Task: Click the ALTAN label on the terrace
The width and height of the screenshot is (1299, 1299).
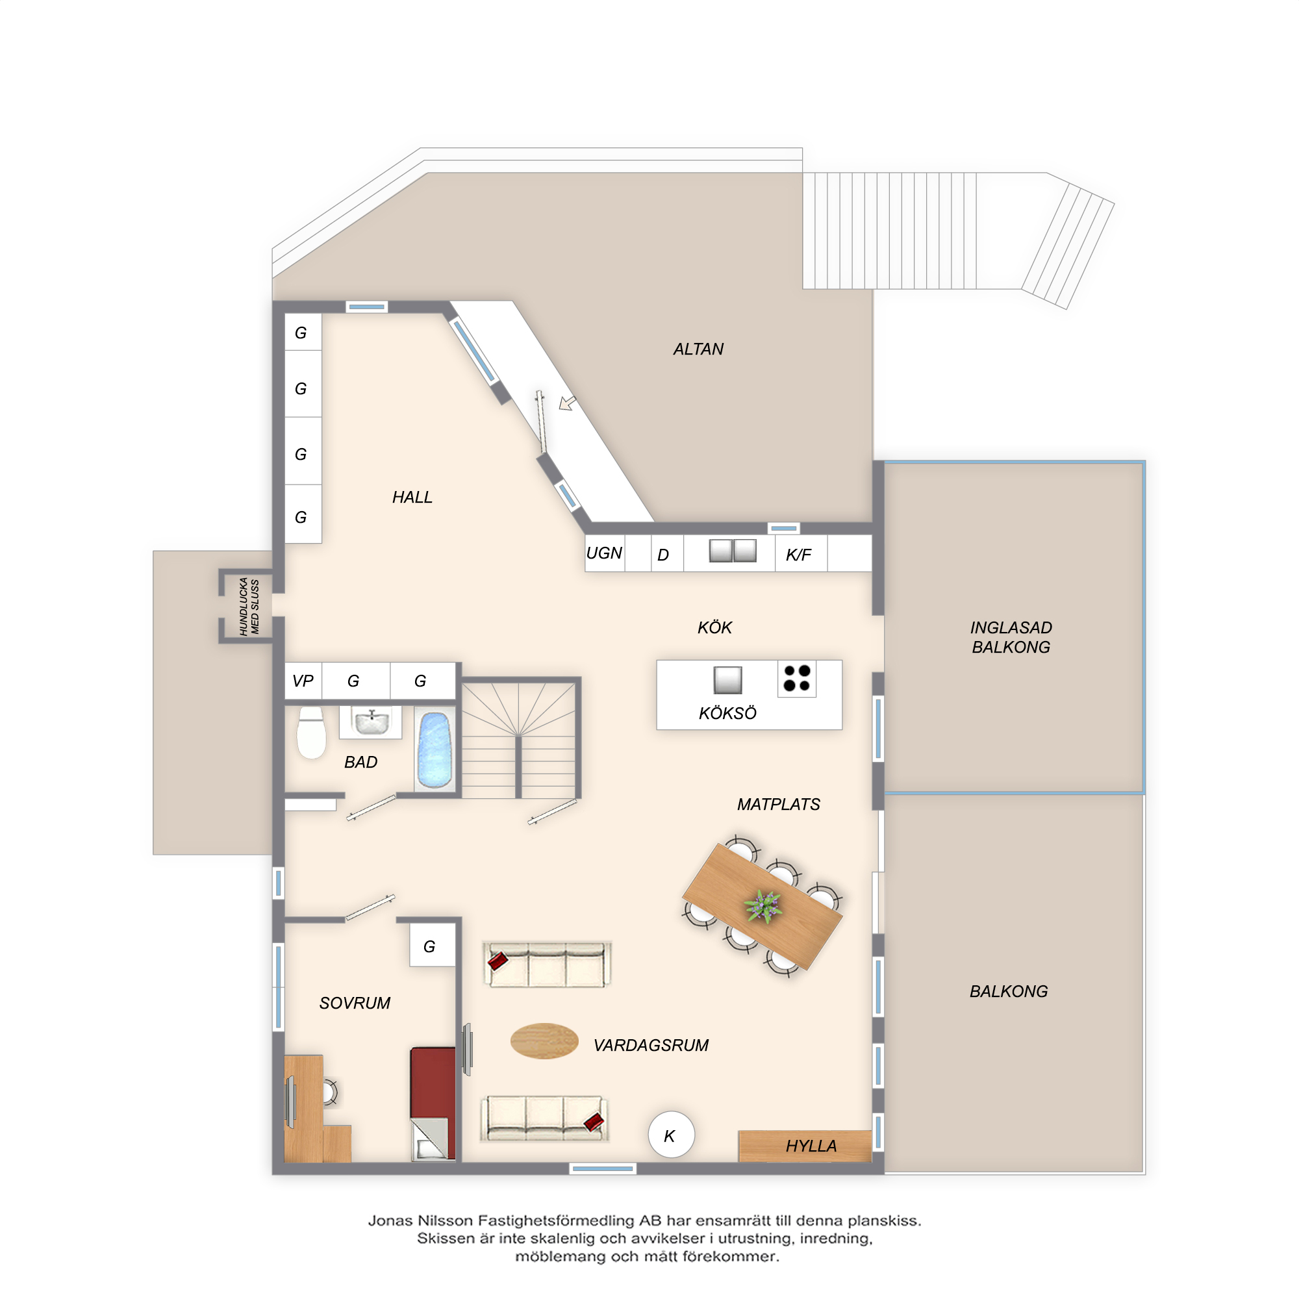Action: (698, 349)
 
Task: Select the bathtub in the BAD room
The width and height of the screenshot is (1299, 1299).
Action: (434, 750)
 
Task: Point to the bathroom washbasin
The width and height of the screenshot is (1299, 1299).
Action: (371, 723)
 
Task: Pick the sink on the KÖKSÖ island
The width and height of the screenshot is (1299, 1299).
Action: (727, 680)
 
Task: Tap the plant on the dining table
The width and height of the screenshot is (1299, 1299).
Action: (763, 905)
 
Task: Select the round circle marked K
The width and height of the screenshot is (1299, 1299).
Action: (671, 1135)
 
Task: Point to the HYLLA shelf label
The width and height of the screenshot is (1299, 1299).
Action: (811, 1146)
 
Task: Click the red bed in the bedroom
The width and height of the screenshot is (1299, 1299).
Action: (433, 1104)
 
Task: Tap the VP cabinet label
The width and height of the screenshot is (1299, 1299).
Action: (303, 681)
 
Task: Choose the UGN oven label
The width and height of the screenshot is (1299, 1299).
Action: (604, 553)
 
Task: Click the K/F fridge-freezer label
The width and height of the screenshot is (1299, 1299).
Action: (798, 555)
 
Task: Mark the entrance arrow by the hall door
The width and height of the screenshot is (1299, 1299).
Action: (568, 403)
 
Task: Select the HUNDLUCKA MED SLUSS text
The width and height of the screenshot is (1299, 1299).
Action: (249, 606)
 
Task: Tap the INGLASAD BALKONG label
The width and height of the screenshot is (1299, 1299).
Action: (1011, 637)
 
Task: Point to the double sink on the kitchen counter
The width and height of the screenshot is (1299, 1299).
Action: (732, 551)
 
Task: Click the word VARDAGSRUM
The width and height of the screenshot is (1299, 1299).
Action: (651, 1046)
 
